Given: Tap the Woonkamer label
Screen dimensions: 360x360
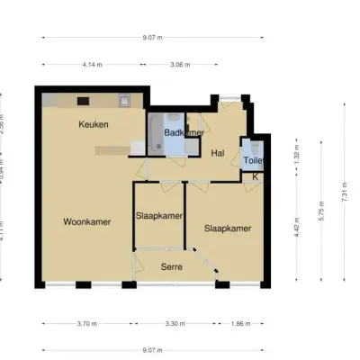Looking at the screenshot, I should (87, 220).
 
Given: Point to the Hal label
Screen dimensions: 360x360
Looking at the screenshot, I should (217, 154).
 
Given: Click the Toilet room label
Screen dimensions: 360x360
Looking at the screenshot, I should (254, 160).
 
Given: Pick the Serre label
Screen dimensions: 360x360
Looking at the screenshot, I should (173, 267).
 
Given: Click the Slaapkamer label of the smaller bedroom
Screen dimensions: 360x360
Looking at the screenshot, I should (159, 216).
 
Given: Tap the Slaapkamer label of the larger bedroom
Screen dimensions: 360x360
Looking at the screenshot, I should (227, 229).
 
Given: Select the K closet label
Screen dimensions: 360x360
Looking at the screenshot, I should (255, 177).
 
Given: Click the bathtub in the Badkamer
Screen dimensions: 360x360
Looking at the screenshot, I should (157, 132).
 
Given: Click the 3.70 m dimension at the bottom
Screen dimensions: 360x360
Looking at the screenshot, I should (87, 323).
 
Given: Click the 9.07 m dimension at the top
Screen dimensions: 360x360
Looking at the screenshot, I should (152, 38).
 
